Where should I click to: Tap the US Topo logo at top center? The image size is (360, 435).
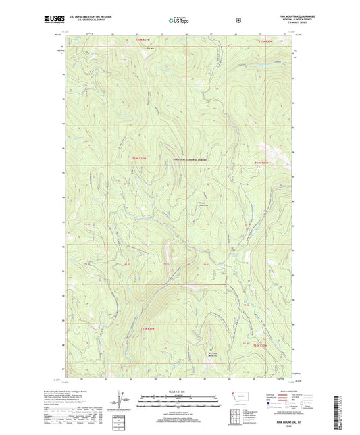tap(179, 21)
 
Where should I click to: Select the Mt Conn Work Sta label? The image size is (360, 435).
tap(213, 353)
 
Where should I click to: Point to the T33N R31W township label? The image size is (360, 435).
tap(148, 329)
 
